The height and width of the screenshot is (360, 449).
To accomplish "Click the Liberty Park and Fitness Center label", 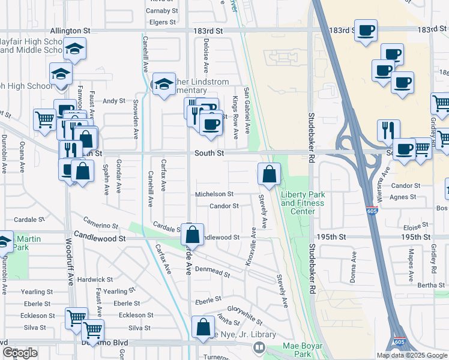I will [303, 203].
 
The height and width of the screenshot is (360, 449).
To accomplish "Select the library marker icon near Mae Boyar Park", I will [259, 347].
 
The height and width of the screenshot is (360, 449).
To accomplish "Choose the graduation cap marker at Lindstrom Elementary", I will [163, 85].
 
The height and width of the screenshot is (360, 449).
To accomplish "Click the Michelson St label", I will [214, 194].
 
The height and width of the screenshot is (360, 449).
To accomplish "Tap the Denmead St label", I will [212, 271].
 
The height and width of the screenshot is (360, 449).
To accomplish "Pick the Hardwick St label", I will [95, 280].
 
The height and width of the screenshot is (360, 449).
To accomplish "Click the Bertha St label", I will [431, 285].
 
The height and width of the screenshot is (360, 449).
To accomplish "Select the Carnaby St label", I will [163, 11].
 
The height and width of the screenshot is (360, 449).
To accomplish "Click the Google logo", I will [20, 353].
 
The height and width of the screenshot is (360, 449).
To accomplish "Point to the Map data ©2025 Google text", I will [411, 355].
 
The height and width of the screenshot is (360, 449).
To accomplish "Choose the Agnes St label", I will [403, 197].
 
